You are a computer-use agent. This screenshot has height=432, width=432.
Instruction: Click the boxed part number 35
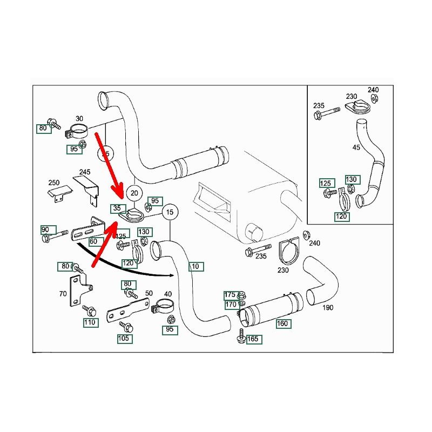(x=117, y=208)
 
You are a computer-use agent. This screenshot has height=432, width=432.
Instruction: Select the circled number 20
(x=134, y=193)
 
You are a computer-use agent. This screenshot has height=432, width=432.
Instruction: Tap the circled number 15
(x=170, y=212)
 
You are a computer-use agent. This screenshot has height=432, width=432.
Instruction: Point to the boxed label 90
(x=45, y=230)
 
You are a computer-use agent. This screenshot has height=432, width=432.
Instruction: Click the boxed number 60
(x=93, y=241)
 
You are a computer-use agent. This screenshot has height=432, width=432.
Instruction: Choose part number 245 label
(x=85, y=172)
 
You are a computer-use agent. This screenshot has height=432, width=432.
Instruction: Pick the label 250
(x=54, y=183)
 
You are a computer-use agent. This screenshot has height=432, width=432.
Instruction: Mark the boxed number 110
(x=90, y=322)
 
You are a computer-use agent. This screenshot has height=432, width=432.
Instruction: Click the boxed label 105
(x=124, y=339)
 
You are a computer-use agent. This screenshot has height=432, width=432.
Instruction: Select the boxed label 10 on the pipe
(x=195, y=266)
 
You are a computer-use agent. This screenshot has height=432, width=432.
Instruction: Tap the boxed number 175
(x=230, y=295)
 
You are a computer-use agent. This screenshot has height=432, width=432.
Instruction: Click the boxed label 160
(x=282, y=324)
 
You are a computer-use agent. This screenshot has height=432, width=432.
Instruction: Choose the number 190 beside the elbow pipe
(x=328, y=308)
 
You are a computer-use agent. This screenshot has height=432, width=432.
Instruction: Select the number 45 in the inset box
(x=356, y=147)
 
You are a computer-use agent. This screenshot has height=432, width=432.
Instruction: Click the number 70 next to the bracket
(x=63, y=294)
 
